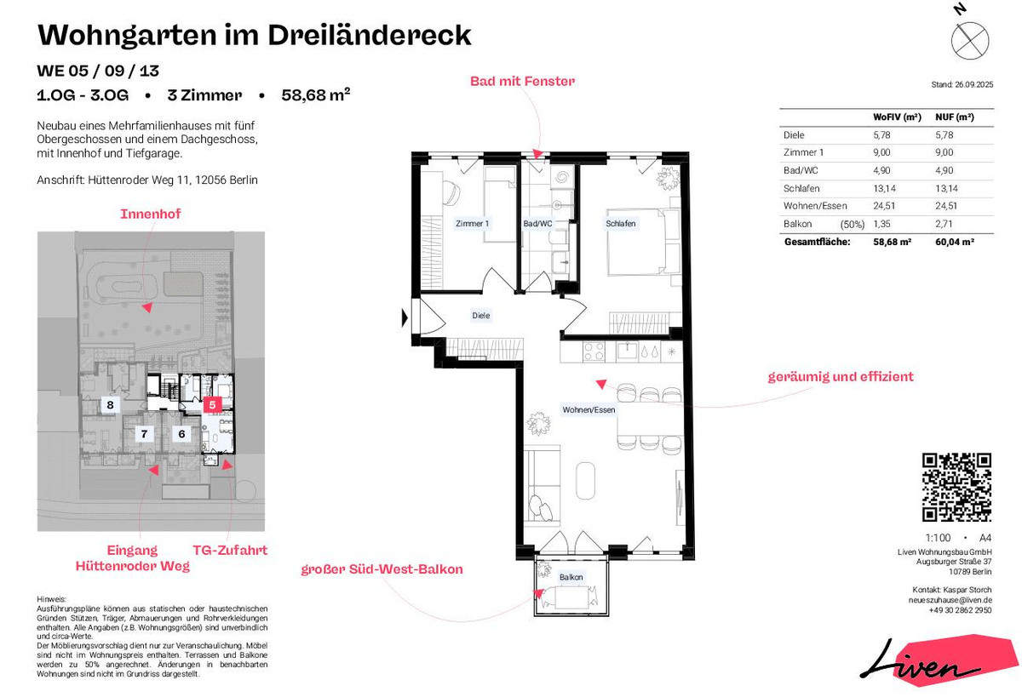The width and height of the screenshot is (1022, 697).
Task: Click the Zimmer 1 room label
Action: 472,224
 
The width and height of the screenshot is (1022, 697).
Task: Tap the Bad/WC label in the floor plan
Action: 537,224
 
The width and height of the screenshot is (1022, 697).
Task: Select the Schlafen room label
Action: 621,224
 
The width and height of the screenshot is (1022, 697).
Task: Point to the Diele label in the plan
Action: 481,316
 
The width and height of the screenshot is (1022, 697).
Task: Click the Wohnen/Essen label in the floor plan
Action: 589,410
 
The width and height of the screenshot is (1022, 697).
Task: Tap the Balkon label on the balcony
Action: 571,577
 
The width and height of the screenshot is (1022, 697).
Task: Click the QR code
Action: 956,487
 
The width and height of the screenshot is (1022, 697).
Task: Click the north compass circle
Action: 970,41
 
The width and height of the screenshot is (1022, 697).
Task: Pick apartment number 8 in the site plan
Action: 110,404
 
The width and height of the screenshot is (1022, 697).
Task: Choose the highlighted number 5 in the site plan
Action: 212,404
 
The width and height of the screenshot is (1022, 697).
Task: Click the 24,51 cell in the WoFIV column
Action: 884,206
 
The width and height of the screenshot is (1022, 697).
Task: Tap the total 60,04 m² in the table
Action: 955,242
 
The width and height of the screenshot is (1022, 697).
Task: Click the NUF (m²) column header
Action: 955,117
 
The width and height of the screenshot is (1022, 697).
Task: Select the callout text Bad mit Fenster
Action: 522,81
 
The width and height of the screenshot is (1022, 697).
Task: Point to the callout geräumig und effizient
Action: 841,377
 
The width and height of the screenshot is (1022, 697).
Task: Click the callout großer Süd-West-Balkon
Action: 382,569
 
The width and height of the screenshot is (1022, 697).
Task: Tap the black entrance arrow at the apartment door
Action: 405,317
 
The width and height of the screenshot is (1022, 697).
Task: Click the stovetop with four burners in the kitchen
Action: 594,352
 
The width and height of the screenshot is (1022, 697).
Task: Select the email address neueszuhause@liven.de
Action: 950,600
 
